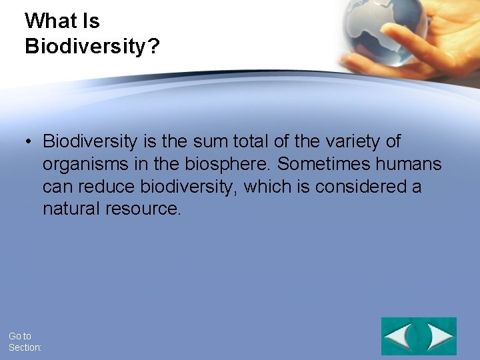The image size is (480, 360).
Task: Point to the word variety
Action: pyautogui.click(x=345, y=141)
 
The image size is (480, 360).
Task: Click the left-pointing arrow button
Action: pyautogui.click(x=399, y=336)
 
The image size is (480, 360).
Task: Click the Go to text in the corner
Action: pyautogui.click(x=20, y=336)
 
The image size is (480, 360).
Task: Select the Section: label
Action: pyautogui.click(x=25, y=347)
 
